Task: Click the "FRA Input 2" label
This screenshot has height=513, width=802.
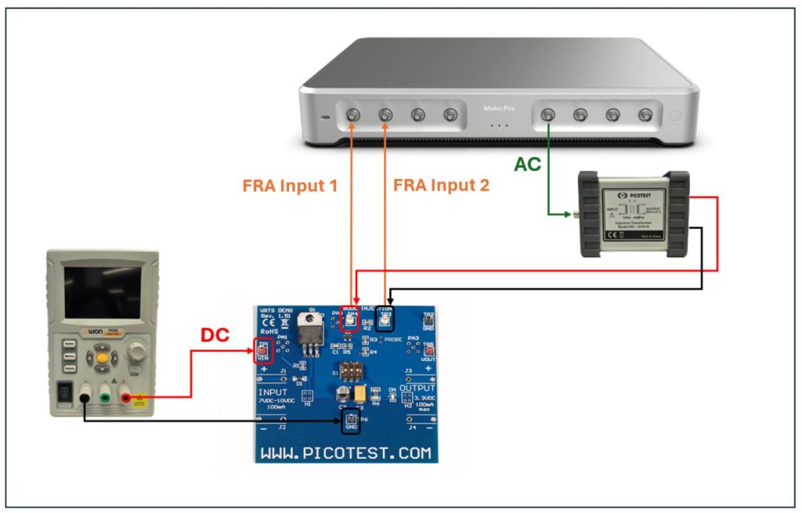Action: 441,186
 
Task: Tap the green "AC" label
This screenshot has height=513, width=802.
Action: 528,165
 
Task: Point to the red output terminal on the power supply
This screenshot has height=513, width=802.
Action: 127,399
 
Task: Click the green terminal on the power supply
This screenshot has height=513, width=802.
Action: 105,399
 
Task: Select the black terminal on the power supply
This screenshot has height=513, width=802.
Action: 83,399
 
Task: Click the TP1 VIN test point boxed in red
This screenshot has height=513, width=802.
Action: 263,350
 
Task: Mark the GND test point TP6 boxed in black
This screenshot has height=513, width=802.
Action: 350,421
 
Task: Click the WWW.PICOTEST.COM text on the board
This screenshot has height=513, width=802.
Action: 345,453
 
